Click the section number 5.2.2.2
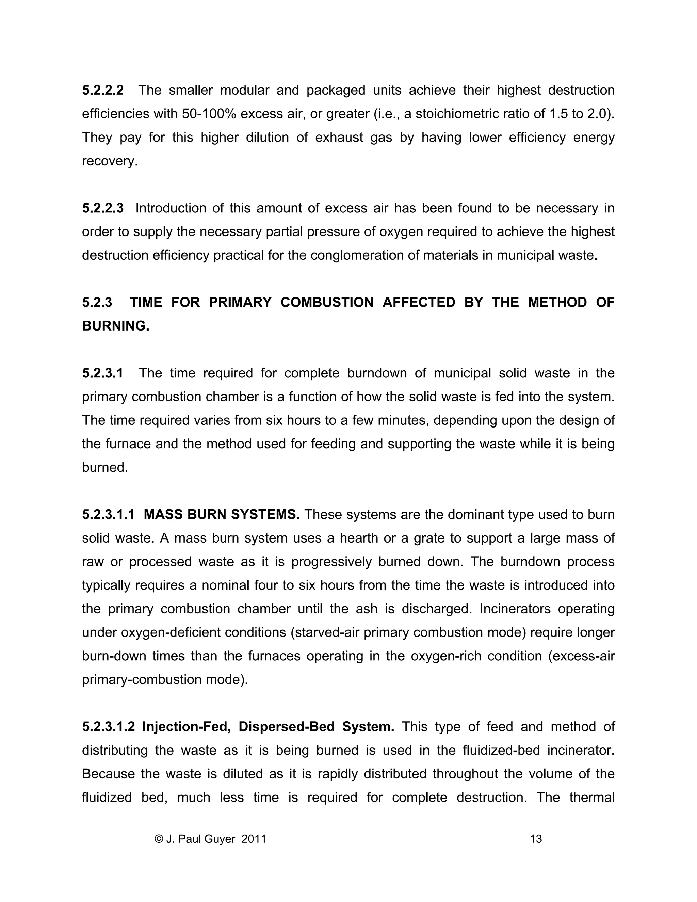(103, 90)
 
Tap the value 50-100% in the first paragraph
(209, 114)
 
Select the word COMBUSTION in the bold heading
(327, 302)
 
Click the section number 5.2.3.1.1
(108, 514)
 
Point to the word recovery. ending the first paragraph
(110, 161)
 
